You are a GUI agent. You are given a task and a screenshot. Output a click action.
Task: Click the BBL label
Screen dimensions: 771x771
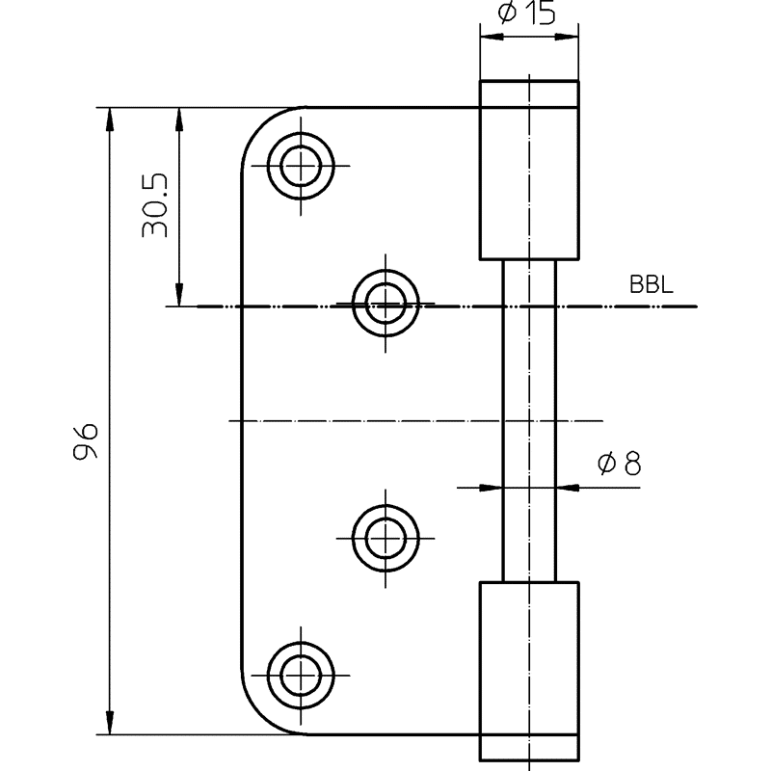[651, 284]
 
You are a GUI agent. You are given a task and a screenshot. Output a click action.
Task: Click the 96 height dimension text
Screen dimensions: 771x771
[86, 441]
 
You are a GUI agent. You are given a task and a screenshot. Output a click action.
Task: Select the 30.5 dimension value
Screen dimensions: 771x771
[155, 205]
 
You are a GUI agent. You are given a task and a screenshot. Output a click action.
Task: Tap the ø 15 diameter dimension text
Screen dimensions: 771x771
[526, 12]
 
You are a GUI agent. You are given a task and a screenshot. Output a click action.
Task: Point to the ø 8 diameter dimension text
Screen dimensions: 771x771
[620, 464]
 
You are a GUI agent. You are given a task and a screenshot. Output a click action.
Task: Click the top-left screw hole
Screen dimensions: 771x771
[301, 166]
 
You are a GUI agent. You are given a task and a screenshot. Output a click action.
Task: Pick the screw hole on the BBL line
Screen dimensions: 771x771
[385, 304]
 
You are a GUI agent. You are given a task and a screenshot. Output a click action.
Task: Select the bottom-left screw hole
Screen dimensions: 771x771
[301, 676]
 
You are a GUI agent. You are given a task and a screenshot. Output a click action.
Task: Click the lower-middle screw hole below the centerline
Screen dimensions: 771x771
[385, 539]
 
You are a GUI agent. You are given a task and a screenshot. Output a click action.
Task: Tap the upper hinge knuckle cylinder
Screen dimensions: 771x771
[529, 171]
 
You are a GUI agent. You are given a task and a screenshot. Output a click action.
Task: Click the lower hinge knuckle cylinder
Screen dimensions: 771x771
[529, 671]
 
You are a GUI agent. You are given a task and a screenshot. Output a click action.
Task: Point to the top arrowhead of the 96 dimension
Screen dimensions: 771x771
[110, 120]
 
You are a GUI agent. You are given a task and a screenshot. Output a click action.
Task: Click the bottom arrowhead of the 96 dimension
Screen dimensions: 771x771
[110, 722]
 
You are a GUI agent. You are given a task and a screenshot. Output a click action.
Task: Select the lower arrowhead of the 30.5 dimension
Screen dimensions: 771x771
[179, 294]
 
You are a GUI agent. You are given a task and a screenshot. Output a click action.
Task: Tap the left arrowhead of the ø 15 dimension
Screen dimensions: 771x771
[492, 37]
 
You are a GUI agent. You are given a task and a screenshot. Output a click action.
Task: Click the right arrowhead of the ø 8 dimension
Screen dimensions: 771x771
[568, 488]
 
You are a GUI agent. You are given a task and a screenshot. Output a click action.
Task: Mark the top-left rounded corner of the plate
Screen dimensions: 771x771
[259, 125]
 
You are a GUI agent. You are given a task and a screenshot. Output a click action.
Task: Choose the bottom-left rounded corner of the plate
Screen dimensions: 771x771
[259, 716]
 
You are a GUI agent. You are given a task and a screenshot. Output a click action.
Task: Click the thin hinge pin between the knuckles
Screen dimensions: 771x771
[529, 421]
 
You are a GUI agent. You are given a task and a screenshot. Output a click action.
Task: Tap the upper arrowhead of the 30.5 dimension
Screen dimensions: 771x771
[179, 120]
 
